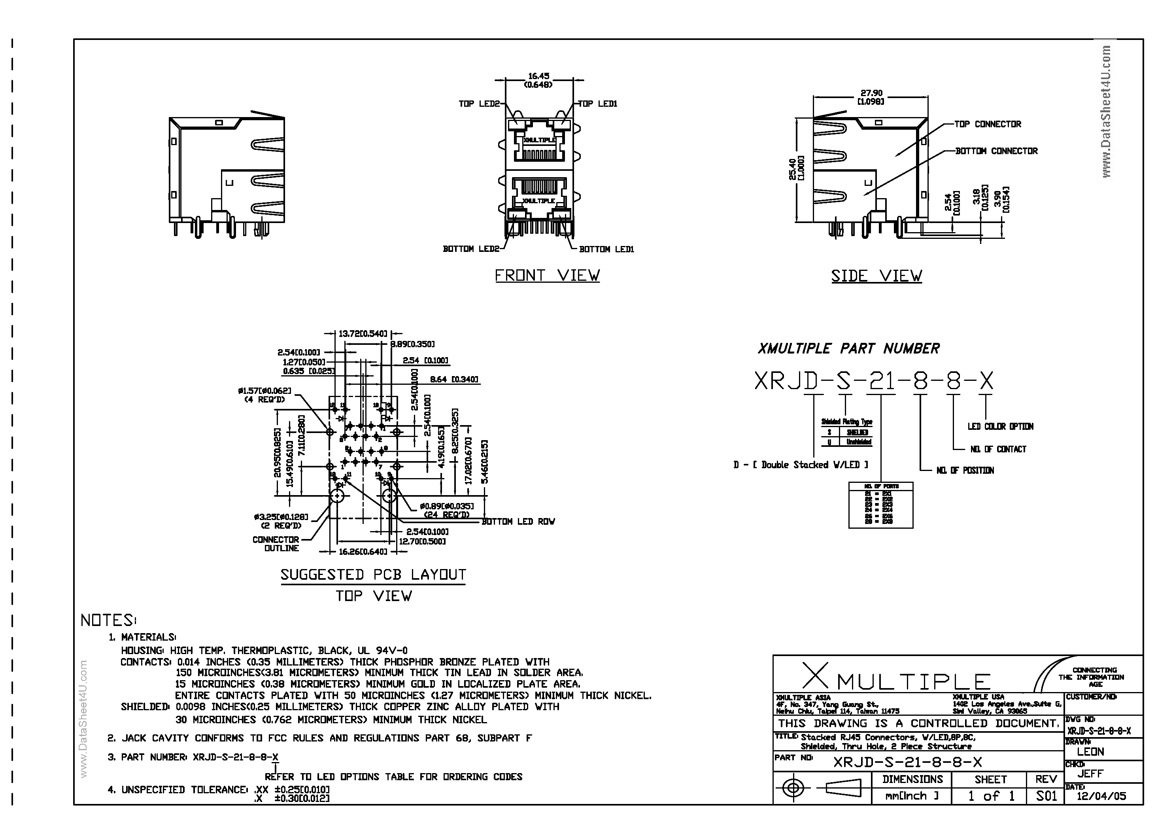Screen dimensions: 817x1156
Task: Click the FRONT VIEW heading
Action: click(x=547, y=276)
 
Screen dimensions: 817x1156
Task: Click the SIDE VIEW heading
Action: click(x=876, y=276)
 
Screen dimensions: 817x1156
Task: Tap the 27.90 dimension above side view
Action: click(x=871, y=93)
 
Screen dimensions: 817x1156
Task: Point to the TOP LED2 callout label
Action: click(x=479, y=104)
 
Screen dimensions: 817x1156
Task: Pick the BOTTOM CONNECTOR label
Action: click(x=996, y=151)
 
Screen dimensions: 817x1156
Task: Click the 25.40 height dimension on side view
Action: click(x=793, y=169)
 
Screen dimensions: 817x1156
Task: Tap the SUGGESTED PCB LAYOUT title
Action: click(x=373, y=575)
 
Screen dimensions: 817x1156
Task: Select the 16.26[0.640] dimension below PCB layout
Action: click(x=363, y=552)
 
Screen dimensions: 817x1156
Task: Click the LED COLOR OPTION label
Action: click(x=1000, y=427)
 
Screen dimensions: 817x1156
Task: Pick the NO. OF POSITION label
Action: click(x=965, y=471)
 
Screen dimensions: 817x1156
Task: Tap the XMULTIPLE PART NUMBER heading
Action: click(x=848, y=348)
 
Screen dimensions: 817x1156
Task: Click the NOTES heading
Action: click(x=108, y=620)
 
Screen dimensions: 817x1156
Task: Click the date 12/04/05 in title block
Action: click(x=1101, y=796)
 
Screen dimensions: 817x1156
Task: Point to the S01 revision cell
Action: click(x=1046, y=796)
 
